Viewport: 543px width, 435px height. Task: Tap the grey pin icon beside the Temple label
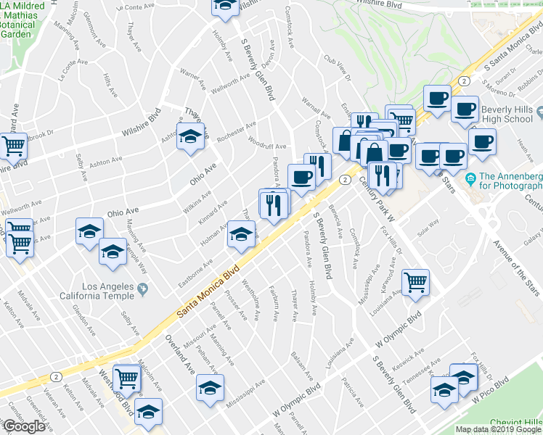click(x=142, y=290)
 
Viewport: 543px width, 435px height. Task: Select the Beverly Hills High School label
click(x=506, y=114)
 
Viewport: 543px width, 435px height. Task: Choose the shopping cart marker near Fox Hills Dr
click(x=415, y=282)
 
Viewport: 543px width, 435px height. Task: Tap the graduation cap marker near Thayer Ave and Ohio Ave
click(x=190, y=138)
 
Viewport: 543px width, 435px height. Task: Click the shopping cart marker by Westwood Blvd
click(x=127, y=377)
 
